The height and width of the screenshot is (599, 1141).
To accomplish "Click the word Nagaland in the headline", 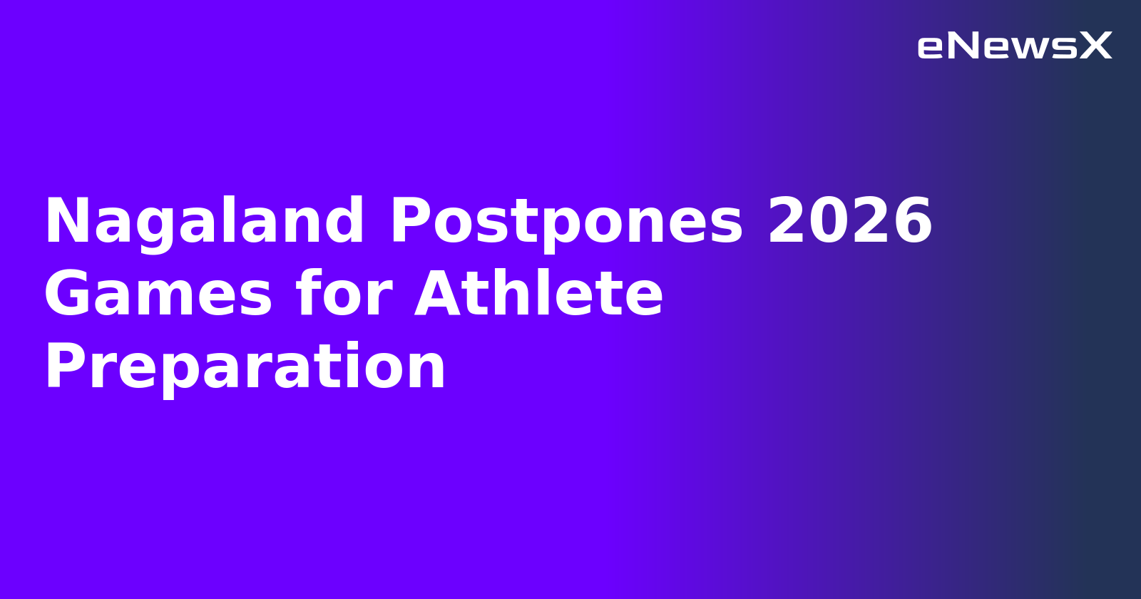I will (x=205, y=222).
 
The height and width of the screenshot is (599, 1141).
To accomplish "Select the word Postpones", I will (x=566, y=222).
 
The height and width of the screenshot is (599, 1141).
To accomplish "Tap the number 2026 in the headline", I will (x=850, y=222).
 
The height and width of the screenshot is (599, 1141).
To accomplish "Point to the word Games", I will (x=158, y=295).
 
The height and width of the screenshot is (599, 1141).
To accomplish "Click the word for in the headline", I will (x=344, y=294).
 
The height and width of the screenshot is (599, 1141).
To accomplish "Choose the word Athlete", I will (x=539, y=294).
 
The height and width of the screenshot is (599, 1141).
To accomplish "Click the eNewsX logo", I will (x=1014, y=46).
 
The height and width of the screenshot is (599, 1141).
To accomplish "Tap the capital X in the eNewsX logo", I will (x=1095, y=46).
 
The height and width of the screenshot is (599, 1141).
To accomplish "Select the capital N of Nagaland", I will (x=65, y=222).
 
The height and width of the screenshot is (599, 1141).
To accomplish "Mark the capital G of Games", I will (x=67, y=295).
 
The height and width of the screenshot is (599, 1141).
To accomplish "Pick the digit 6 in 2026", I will (x=912, y=222).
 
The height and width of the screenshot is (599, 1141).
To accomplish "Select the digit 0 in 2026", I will (x=829, y=222).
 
